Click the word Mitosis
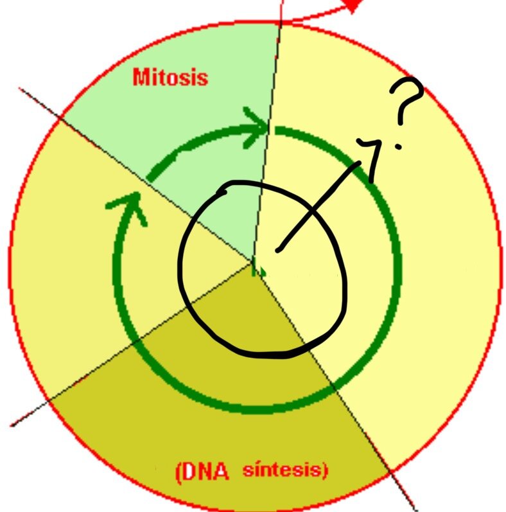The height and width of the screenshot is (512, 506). pyautogui.click(x=170, y=77)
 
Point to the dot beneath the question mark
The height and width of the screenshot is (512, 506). pyautogui.click(x=398, y=146)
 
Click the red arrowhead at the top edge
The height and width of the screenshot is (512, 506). pyautogui.click(x=353, y=6)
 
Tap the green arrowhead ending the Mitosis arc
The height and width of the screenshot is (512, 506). pyautogui.click(x=256, y=127)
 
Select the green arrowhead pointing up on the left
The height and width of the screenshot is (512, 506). pyautogui.click(x=129, y=206)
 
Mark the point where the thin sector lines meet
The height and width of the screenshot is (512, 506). pyautogui.click(x=254, y=261)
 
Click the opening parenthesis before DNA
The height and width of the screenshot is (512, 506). pyautogui.click(x=178, y=472)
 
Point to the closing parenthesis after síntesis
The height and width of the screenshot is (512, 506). pyautogui.click(x=324, y=470)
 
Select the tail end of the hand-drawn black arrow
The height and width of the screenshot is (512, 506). pyautogui.click(x=277, y=251)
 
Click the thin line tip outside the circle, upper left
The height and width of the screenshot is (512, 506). pyautogui.click(x=21, y=88)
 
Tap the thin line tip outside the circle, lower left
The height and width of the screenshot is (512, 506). pyautogui.click(x=12, y=425)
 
